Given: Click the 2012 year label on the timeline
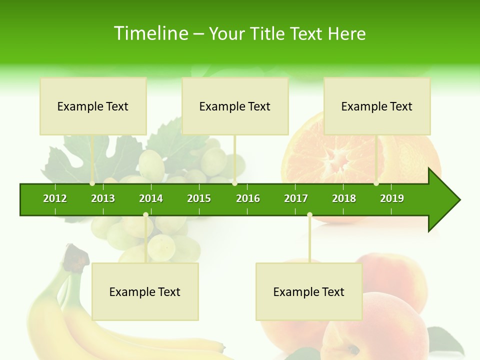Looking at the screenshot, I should coord(55,198).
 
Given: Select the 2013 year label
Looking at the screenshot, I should coord(103,198).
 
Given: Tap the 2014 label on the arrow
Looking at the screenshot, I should coord(151,198).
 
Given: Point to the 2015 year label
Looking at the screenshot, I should coord(199,198).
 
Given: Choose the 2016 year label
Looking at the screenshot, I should coord(248,198).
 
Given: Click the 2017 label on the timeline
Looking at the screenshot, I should coord(296,198).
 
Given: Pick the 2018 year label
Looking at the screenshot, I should coord(344,198).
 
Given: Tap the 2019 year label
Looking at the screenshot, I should coord(392,198).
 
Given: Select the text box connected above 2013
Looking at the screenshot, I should coord(93,106).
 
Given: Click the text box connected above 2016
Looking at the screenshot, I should coord(235,106).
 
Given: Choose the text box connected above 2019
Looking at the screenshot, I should coord(377,106).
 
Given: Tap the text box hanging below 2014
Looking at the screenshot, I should coord(145,291).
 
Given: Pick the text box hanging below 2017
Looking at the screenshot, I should coord(309,291).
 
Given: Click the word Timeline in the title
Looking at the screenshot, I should coord(150,33).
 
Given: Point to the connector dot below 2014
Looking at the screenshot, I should coord(145,215).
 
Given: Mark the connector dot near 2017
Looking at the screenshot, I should coord(309,215).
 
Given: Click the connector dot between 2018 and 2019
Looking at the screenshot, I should coord(376,183).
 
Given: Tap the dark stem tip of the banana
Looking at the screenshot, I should coord(75,252).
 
